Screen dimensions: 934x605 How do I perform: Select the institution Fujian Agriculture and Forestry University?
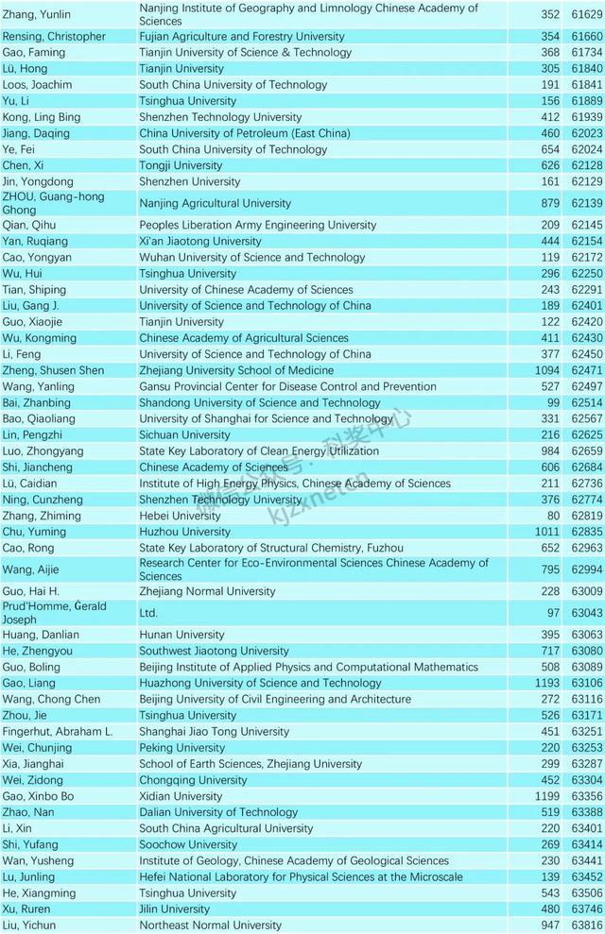coord(241,37)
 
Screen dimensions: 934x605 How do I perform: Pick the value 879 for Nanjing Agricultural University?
coord(548,203)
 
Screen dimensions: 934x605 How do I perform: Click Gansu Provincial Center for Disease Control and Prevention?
coord(287,386)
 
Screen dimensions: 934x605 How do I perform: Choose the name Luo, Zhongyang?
coord(43,451)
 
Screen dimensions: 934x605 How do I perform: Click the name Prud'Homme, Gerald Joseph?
coord(55,612)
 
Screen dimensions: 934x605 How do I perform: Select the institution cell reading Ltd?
coord(148,613)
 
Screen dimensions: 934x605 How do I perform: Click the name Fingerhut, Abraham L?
coord(58,732)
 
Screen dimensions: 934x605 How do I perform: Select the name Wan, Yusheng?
coord(40,860)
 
